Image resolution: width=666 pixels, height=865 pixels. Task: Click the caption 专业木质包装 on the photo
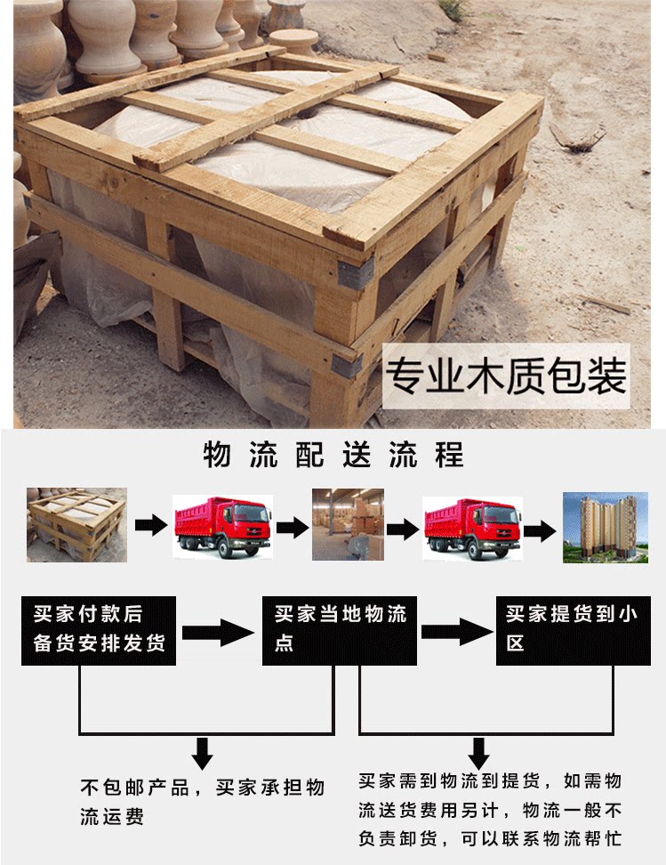pyautogui.click(x=505, y=376)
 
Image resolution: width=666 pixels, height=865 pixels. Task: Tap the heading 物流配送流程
pyautogui.click(x=333, y=456)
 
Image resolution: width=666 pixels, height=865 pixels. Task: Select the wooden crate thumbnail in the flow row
pyautogui.click(x=76, y=525)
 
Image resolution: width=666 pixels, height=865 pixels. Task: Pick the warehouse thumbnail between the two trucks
pyautogui.click(x=347, y=525)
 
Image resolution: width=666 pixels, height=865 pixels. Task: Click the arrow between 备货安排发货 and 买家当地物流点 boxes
pyautogui.click(x=218, y=634)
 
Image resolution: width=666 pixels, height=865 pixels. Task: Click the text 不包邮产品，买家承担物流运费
pyautogui.click(x=203, y=802)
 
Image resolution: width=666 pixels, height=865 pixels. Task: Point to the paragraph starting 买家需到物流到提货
pyautogui.click(x=489, y=810)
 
